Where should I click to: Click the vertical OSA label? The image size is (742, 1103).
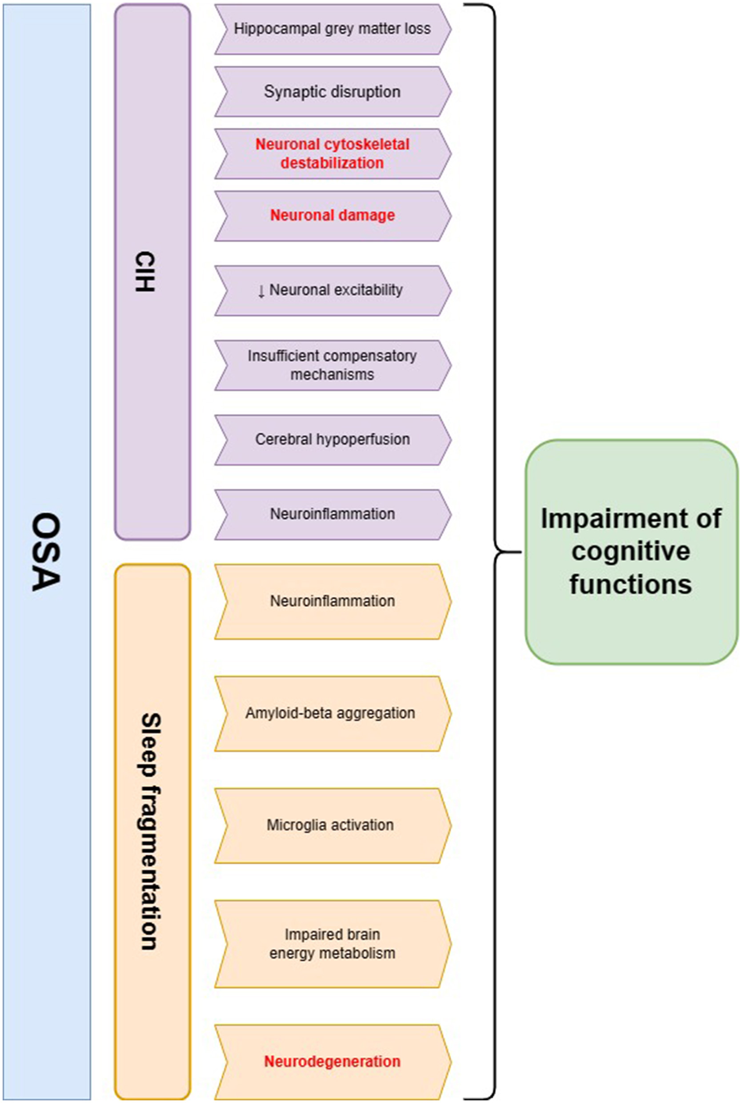[46, 552]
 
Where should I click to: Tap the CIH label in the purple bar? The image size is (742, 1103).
[145, 272]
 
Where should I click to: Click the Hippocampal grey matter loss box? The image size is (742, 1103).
[332, 29]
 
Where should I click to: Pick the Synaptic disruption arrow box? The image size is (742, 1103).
[332, 91]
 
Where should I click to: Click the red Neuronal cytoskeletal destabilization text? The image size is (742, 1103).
[332, 153]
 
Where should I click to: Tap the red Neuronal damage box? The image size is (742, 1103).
[332, 215]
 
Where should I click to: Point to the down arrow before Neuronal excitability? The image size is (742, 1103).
[261, 291]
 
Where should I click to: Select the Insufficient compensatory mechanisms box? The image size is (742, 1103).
[332, 365]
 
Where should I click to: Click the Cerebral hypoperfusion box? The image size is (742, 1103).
[332, 439]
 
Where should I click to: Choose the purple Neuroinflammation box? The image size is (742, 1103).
[332, 514]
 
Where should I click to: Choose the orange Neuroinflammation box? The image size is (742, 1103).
[332, 601]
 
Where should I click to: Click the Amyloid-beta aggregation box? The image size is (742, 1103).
[330, 713]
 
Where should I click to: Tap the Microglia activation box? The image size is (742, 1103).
[330, 825]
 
